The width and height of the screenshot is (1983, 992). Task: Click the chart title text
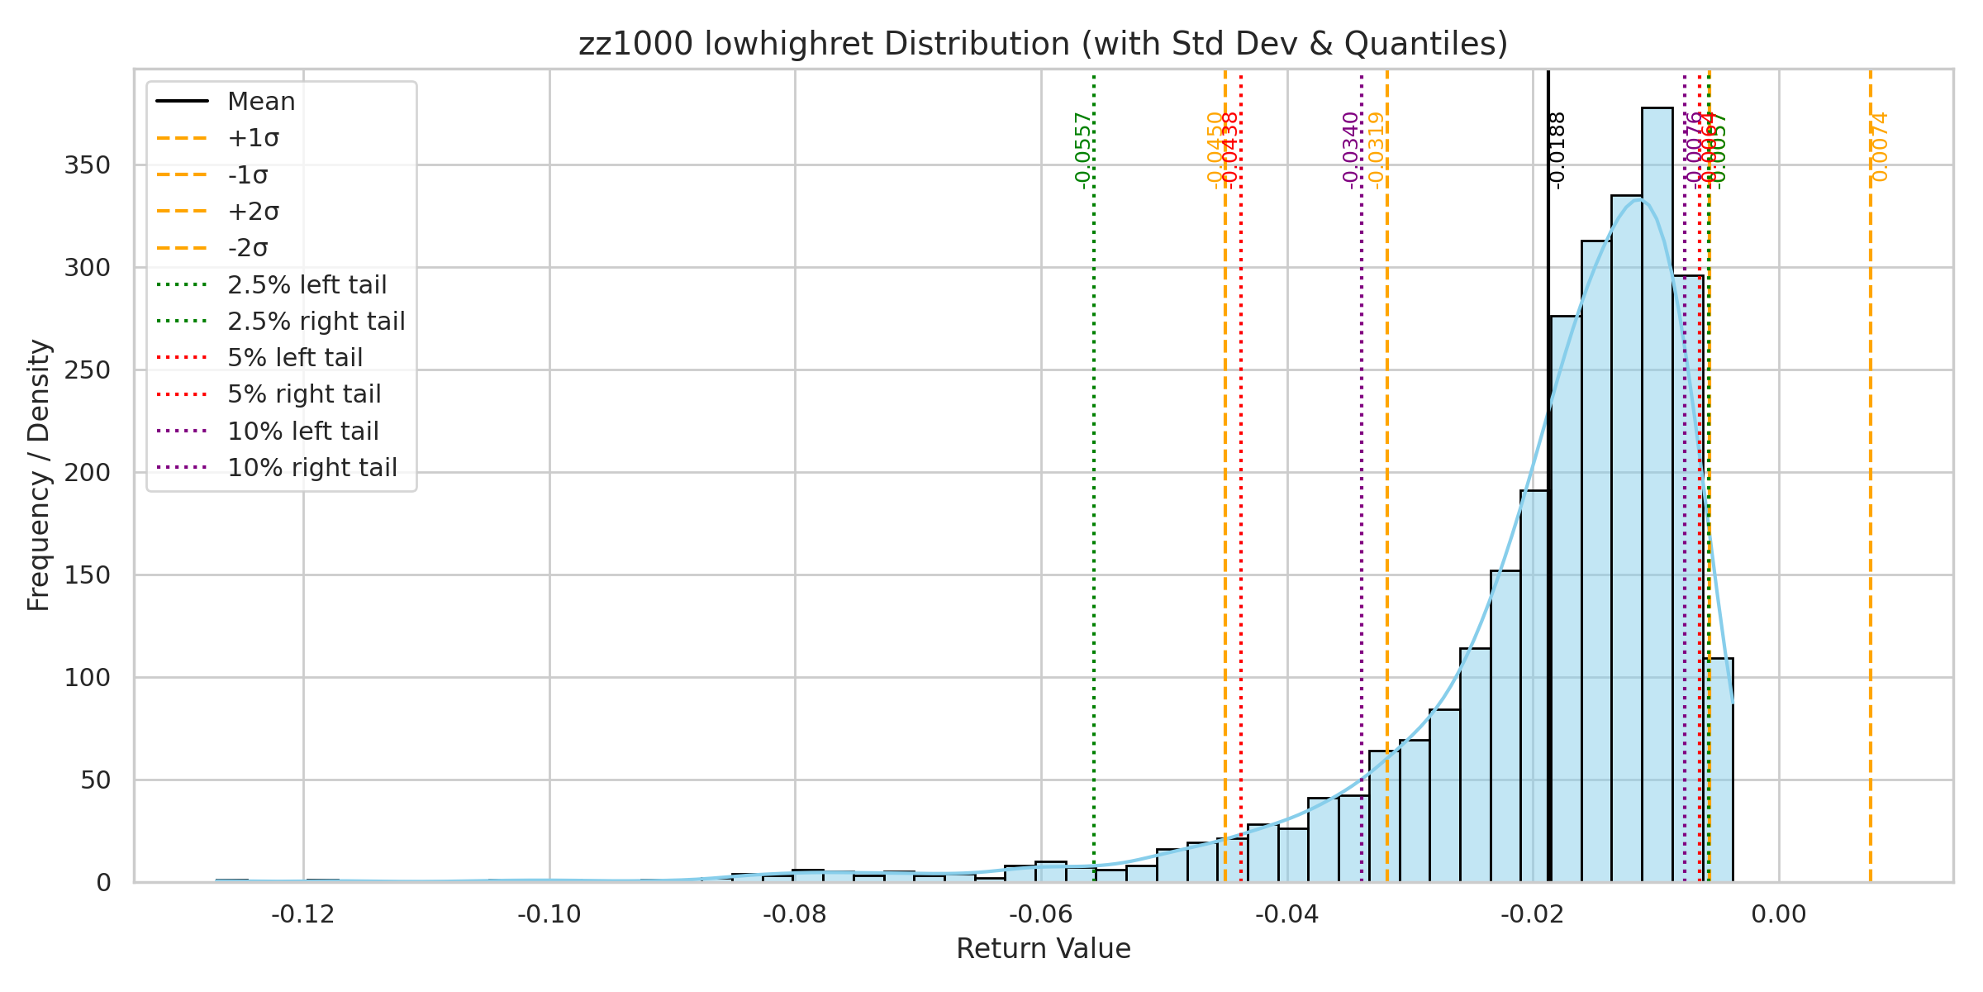1043,44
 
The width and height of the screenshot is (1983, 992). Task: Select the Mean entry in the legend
261,102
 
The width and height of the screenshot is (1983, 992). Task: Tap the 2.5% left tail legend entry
307,285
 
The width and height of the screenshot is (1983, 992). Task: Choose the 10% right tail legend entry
312,468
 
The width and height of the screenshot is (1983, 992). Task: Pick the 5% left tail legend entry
295,358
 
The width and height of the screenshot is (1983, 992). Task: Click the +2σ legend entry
253,212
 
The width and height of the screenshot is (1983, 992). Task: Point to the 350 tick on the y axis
87,165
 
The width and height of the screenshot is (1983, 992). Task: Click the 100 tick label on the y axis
87,678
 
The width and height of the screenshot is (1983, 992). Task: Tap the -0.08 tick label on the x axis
795,914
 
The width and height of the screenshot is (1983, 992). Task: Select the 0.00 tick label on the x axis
1779,914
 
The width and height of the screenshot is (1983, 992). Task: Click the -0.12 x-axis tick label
303,914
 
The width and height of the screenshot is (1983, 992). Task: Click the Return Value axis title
1043,949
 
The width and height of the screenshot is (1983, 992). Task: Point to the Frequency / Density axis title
39,475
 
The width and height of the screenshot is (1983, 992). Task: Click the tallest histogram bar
1657,496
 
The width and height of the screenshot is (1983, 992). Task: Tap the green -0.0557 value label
1083,150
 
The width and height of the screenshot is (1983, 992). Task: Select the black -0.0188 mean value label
1557,150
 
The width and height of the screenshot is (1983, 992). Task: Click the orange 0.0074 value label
1880,147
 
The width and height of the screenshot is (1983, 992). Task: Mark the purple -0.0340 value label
1351,150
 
